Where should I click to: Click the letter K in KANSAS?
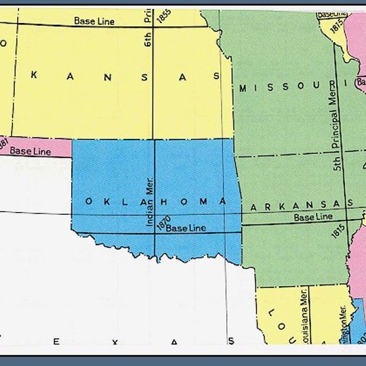click(x=33, y=76)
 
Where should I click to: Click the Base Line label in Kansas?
click(x=96, y=21)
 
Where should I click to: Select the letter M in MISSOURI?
click(x=243, y=88)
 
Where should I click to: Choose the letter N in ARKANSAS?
click(x=301, y=205)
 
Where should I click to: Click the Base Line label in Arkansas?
click(x=312, y=217)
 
